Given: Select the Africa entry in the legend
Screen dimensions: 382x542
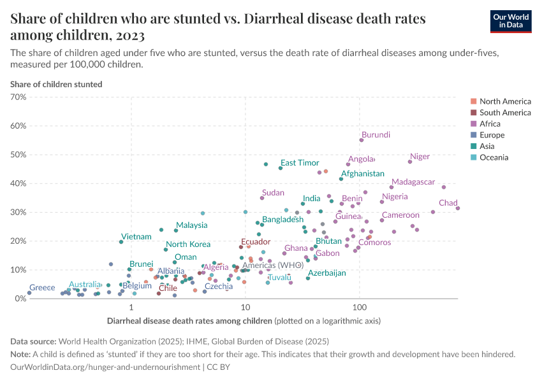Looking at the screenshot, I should [x=490, y=124].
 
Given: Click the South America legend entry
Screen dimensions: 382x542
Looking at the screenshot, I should [x=504, y=113].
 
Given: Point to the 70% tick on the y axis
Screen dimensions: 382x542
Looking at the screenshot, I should [x=17, y=97].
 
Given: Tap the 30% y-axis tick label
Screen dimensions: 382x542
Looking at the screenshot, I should [x=17, y=212].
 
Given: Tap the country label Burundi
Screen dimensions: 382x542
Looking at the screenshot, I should [x=376, y=135].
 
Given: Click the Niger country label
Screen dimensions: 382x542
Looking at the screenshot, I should [x=420, y=157].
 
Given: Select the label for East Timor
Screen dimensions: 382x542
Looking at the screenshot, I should [x=300, y=163].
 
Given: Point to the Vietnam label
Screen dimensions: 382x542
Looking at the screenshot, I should [x=136, y=237].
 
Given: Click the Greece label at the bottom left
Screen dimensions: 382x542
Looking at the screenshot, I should [x=42, y=288].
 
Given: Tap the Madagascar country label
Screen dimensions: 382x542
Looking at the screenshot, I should [x=413, y=182].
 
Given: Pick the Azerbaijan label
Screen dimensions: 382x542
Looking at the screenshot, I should [x=327, y=273].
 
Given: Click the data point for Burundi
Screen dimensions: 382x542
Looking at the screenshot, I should [x=361, y=140].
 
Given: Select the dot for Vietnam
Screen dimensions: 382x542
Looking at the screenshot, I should [x=121, y=242].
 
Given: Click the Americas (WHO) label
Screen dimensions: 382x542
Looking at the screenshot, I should [x=273, y=265].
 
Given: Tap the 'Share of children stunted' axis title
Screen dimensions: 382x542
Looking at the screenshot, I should [x=56, y=84].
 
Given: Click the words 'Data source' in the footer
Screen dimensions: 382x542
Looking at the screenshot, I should [x=33, y=341].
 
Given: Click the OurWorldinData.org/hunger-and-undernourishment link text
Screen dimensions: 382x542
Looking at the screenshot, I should [x=105, y=367].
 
